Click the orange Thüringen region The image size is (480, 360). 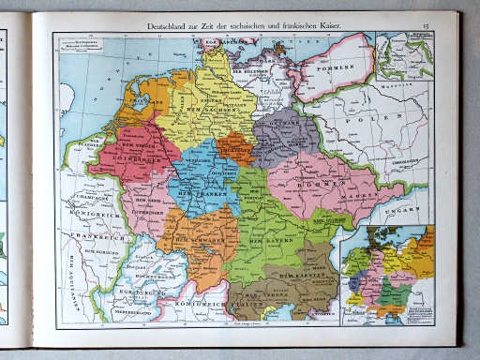[x=233, y=149]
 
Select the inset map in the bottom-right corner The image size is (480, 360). [x=387, y=272]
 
